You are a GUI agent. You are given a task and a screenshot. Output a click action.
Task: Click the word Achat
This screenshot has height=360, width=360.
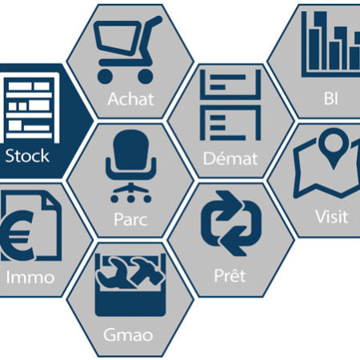click(x=130, y=99)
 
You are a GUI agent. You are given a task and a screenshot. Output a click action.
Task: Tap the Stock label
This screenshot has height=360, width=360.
click(x=27, y=156)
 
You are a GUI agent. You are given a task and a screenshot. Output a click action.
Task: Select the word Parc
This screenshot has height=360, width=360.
click(x=130, y=219)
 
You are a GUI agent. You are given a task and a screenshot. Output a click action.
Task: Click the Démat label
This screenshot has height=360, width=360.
click(x=230, y=158)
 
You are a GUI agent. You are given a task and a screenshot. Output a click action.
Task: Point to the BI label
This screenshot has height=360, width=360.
click(x=331, y=98)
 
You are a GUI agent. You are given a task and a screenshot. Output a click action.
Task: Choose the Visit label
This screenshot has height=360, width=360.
click(x=331, y=217)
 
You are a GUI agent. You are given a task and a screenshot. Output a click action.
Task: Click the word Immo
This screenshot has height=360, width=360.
click(x=30, y=278)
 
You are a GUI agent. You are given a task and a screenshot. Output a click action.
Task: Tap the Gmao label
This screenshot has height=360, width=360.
click(x=128, y=335)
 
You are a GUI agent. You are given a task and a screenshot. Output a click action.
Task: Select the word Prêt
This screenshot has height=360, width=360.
click(x=230, y=275)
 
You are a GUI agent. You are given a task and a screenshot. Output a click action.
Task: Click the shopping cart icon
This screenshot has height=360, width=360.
click(x=127, y=50)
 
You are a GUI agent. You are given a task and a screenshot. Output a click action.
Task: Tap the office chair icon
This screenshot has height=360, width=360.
click(x=130, y=166)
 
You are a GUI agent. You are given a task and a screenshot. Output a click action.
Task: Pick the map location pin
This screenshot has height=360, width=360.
click(x=334, y=147)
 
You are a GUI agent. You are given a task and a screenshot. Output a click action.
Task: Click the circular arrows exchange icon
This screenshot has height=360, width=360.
click(x=231, y=223)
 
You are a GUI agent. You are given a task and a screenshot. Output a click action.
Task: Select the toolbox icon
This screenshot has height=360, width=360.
click(x=130, y=285)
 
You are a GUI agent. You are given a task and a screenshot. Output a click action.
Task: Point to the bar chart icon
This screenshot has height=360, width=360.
click(x=330, y=44)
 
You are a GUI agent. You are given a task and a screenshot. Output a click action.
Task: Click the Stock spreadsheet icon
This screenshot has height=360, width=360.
click(x=30, y=107)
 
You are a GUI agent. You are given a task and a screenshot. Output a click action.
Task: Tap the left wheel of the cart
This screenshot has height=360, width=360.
click(x=105, y=77)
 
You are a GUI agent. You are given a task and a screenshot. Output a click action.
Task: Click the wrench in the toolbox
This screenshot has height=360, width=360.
click(x=114, y=273)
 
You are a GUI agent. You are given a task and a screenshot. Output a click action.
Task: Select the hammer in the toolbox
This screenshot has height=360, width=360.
click(x=146, y=270)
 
